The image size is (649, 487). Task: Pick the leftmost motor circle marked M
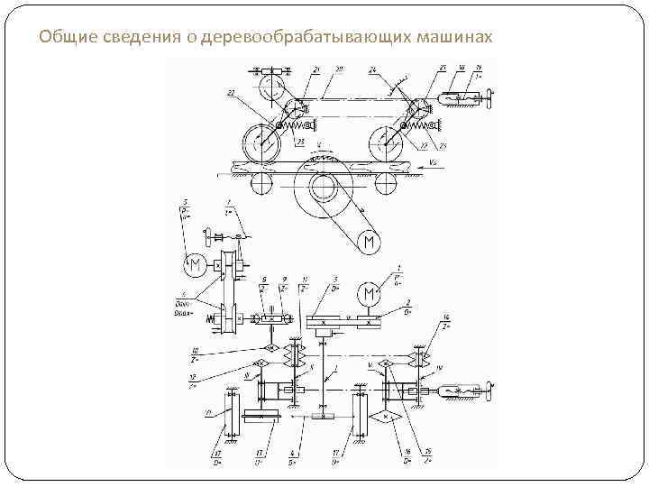[194, 266]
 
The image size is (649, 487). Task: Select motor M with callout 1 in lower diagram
[368, 295]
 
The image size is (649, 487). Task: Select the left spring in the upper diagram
[297, 124]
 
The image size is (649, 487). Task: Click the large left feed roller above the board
[261, 142]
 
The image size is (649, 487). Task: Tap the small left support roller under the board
[261, 183]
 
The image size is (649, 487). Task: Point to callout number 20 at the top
[338, 69]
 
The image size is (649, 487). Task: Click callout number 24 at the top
[371, 69]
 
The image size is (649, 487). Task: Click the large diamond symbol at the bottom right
[387, 418]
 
